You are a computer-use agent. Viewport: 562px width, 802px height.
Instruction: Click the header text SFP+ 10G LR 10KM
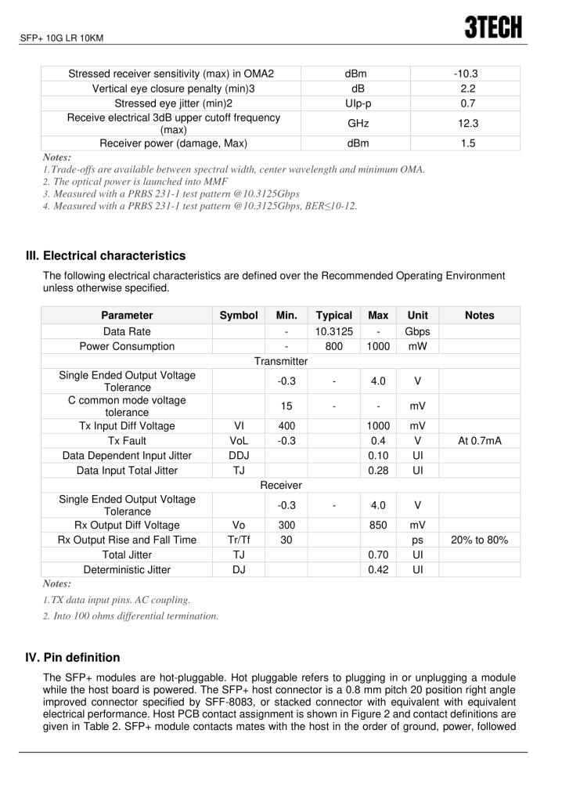62,38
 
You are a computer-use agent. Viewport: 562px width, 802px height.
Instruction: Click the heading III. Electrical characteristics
106,255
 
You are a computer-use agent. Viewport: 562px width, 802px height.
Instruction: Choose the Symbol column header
239,315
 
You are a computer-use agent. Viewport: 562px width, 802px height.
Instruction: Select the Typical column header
333,315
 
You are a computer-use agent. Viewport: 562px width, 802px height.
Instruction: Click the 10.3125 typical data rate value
333,331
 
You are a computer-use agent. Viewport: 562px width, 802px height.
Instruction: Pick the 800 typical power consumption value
333,346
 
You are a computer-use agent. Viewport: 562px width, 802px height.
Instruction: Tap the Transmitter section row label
281,361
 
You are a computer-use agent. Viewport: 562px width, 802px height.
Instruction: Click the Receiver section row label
281,486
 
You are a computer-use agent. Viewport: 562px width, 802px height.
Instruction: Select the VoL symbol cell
239,441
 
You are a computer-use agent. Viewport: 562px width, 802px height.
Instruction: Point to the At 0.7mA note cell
479,441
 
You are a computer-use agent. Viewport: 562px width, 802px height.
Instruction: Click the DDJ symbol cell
239,456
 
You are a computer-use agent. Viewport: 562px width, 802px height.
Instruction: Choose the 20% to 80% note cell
479,540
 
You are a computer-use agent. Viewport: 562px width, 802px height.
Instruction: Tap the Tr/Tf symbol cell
239,540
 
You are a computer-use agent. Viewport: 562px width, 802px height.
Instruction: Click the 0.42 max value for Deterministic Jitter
378,569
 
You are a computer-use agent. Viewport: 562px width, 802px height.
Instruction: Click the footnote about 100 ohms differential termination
131,616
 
